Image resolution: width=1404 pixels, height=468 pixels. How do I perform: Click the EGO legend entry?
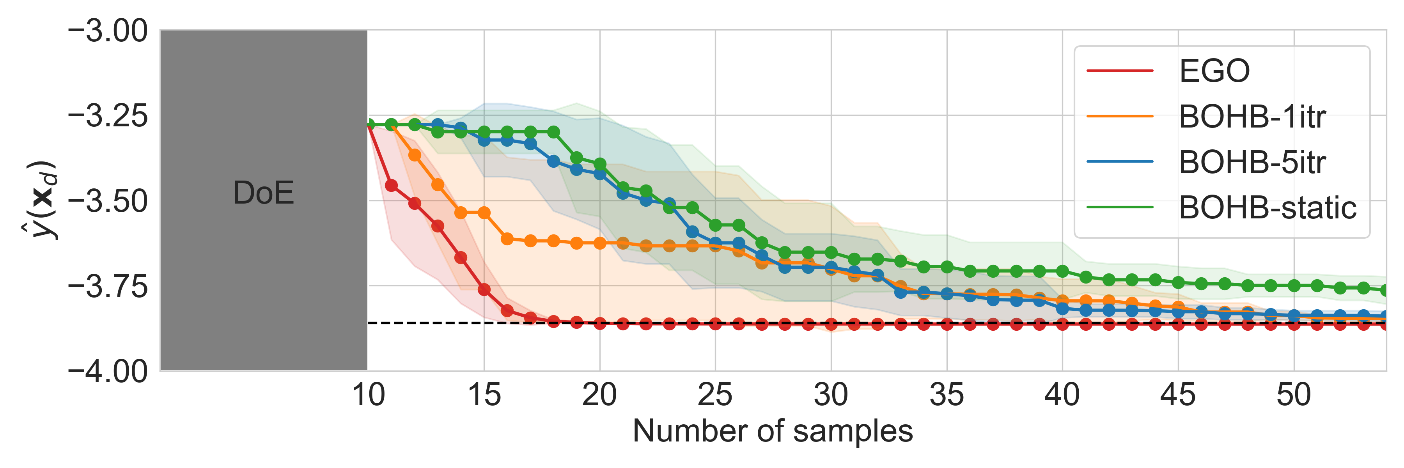pyautogui.click(x=1214, y=71)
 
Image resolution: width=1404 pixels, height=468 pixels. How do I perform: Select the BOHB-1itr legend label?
pyautogui.click(x=1252, y=117)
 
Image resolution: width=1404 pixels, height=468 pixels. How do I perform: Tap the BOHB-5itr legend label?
pyautogui.click(x=1252, y=162)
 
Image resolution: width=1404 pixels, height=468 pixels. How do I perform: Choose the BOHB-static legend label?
pyautogui.click(x=1267, y=207)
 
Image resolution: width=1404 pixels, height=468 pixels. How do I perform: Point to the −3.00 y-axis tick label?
pyautogui.click(x=107, y=31)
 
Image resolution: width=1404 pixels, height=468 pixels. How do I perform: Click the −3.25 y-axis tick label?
pyautogui.click(x=107, y=116)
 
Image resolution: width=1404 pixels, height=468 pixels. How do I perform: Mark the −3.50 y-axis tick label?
pyautogui.click(x=107, y=201)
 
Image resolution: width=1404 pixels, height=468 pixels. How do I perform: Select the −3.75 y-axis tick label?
pyautogui.click(x=107, y=287)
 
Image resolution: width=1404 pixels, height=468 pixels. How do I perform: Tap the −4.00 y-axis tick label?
pyautogui.click(x=107, y=372)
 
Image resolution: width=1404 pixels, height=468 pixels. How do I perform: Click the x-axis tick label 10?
pyautogui.click(x=369, y=395)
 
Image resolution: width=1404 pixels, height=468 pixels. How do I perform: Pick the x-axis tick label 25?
pyautogui.click(x=715, y=395)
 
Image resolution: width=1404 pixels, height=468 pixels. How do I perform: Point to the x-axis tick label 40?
pyautogui.click(x=1062, y=395)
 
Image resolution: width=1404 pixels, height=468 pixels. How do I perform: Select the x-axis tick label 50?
pyautogui.click(x=1293, y=395)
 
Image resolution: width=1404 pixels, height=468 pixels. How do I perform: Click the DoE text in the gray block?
pyautogui.click(x=263, y=193)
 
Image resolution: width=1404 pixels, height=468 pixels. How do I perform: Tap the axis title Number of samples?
pyautogui.click(x=772, y=431)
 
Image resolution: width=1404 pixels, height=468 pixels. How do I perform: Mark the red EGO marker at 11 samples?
pyautogui.click(x=391, y=186)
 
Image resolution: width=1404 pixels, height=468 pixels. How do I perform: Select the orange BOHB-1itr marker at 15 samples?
pyautogui.click(x=484, y=213)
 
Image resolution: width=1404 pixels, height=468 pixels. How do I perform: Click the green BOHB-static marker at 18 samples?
pyautogui.click(x=553, y=132)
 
